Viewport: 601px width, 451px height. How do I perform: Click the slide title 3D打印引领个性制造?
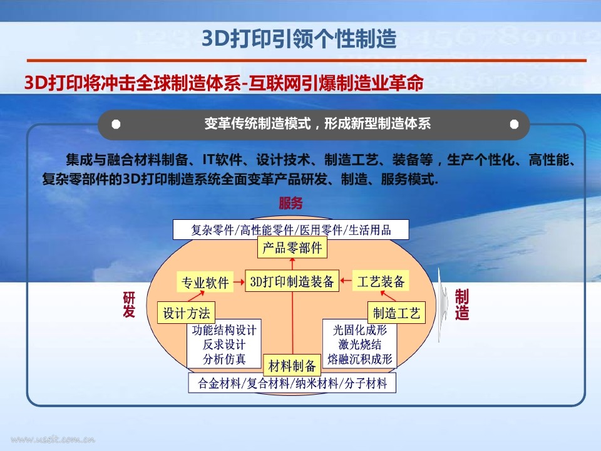pyautogui.click(x=299, y=39)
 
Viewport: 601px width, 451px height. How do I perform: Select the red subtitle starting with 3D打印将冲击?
pyautogui.click(x=224, y=83)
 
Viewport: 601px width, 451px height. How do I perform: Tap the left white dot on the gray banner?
pyautogui.click(x=116, y=124)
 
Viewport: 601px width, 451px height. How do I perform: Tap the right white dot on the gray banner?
pyautogui.click(x=515, y=124)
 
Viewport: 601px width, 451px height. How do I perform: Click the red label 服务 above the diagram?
pyautogui.click(x=291, y=203)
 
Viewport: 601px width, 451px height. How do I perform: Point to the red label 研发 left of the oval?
pyautogui.click(x=129, y=304)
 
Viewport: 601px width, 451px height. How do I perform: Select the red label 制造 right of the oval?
pyautogui.click(x=462, y=304)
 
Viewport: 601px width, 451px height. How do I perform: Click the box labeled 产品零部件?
pyautogui.click(x=292, y=248)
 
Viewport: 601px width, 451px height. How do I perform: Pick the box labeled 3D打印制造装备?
pyautogui.click(x=292, y=281)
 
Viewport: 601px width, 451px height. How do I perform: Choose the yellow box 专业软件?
pyautogui.click(x=205, y=283)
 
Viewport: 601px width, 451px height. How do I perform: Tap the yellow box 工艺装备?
pyautogui.click(x=381, y=281)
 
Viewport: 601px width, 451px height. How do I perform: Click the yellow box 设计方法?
pyautogui.click(x=187, y=313)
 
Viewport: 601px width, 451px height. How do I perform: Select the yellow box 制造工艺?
pyautogui.click(x=397, y=313)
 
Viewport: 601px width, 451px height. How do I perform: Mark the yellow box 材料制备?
pyautogui.click(x=292, y=365)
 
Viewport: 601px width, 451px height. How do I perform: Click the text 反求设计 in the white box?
pyautogui.click(x=224, y=345)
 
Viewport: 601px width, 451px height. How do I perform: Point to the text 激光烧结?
pyautogui.click(x=360, y=345)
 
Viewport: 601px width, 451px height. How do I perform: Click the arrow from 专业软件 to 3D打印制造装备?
pyautogui.click(x=239, y=282)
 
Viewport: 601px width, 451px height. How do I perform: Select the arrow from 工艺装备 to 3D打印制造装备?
pyautogui.click(x=346, y=281)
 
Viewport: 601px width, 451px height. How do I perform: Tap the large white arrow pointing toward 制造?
pyautogui.click(x=443, y=304)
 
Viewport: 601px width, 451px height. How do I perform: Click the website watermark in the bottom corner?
pyautogui.click(x=53, y=439)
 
